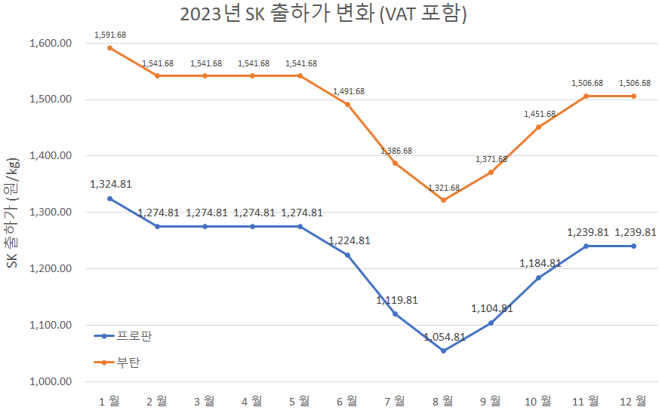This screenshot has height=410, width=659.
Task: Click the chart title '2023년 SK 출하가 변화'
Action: coord(323,14)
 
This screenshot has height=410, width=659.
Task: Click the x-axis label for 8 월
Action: coord(443,400)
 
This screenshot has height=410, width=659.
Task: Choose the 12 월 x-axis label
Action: coord(633,400)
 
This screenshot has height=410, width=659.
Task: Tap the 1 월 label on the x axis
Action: coord(109,400)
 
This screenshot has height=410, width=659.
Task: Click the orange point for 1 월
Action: coord(109,48)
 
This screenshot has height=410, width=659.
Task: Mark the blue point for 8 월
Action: coord(443,350)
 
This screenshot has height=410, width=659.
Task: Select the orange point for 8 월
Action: coord(443,200)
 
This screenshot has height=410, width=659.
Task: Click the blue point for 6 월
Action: coord(348,255)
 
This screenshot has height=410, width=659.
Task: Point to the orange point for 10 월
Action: coord(538,127)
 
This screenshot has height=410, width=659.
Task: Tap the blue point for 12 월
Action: coord(633,246)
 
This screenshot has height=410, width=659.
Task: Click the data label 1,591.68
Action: coord(109,35)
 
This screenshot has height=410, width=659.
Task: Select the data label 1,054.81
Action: coord(443,337)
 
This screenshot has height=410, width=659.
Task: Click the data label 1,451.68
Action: coord(539,114)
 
